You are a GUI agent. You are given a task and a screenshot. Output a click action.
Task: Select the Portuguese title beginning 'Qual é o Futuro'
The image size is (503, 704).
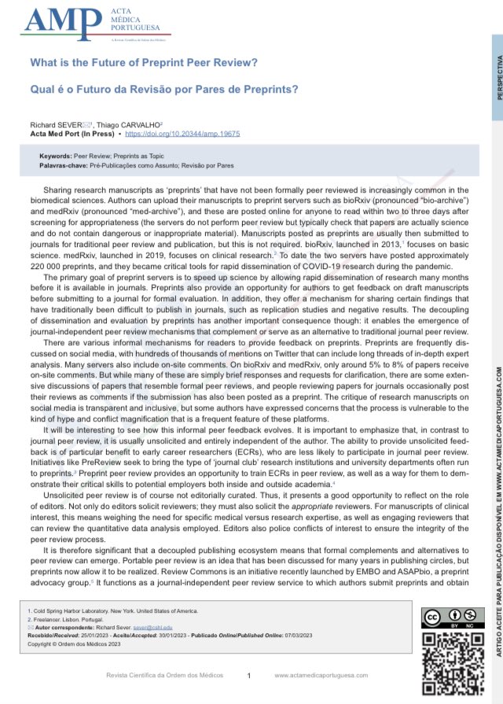[163, 89]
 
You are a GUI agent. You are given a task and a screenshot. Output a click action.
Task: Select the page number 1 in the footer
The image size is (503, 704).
[248, 676]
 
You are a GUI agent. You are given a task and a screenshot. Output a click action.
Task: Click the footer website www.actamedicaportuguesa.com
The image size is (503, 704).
[321, 676]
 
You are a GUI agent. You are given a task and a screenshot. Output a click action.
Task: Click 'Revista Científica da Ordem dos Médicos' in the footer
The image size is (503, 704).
[165, 676]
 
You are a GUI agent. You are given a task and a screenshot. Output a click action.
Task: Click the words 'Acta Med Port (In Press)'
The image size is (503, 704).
[69, 134]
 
